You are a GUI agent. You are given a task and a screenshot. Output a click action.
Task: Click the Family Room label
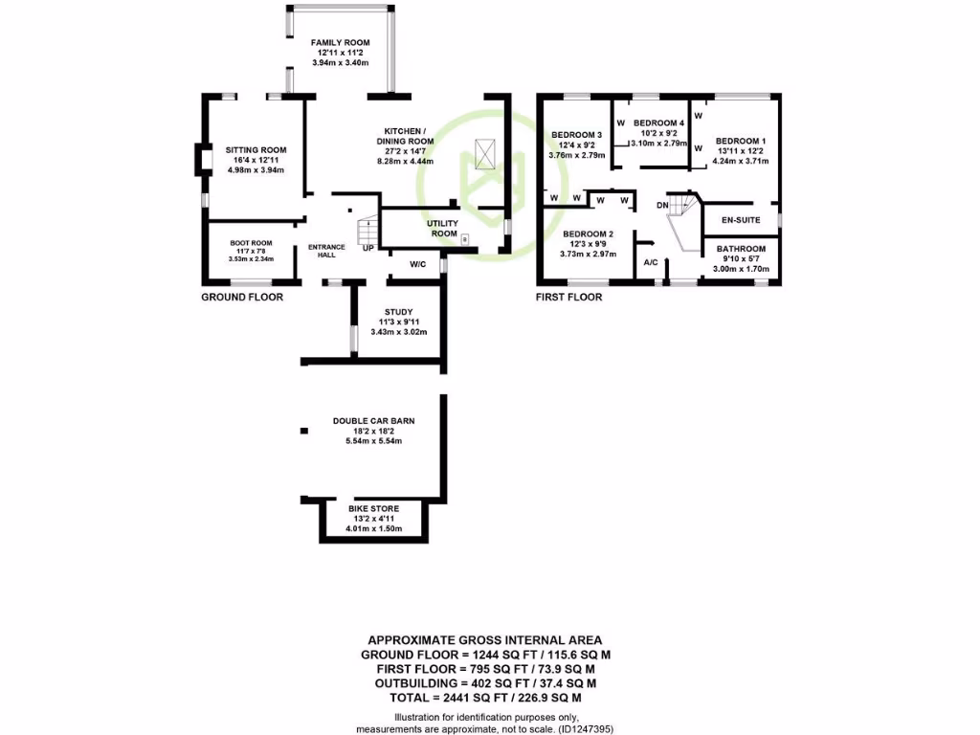tap(340, 43)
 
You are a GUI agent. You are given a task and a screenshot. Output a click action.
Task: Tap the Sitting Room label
tap(256, 150)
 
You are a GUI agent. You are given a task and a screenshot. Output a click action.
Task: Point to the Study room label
tap(398, 312)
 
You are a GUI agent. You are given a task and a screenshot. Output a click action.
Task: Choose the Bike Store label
tap(373, 508)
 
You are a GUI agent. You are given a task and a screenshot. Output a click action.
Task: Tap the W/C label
tap(417, 264)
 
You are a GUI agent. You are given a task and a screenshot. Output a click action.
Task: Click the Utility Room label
tap(442, 229)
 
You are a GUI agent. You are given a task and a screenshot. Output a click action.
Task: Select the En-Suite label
tap(740, 220)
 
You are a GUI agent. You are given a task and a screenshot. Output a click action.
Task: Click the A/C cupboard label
tap(650, 262)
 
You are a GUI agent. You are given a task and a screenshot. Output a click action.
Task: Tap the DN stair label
tap(662, 205)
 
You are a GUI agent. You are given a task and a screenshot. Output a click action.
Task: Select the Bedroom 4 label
tap(658, 123)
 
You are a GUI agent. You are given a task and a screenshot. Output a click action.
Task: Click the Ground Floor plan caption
tap(242, 297)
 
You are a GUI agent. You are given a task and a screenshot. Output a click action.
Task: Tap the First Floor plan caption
tap(569, 297)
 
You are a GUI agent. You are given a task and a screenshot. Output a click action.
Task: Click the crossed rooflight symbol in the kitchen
tap(486, 150)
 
